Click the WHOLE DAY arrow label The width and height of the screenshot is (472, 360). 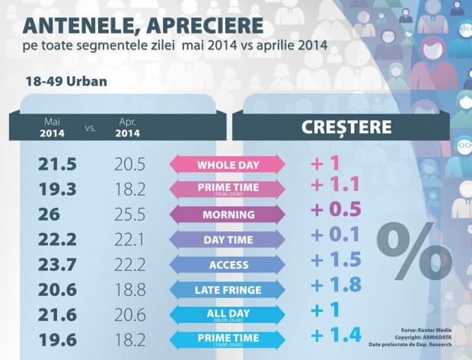226,164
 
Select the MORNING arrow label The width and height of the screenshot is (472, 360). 226,215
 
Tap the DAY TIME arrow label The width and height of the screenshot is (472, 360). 226,239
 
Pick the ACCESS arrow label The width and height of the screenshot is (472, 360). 226,264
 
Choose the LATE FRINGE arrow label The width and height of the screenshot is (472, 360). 226,289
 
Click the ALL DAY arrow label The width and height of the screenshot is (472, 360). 226,314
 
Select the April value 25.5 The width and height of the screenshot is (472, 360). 126,215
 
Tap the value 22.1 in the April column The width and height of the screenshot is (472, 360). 126,240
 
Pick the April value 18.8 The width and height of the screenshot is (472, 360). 126,289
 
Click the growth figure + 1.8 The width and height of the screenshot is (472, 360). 335,286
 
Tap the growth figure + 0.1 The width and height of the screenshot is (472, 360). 335,235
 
